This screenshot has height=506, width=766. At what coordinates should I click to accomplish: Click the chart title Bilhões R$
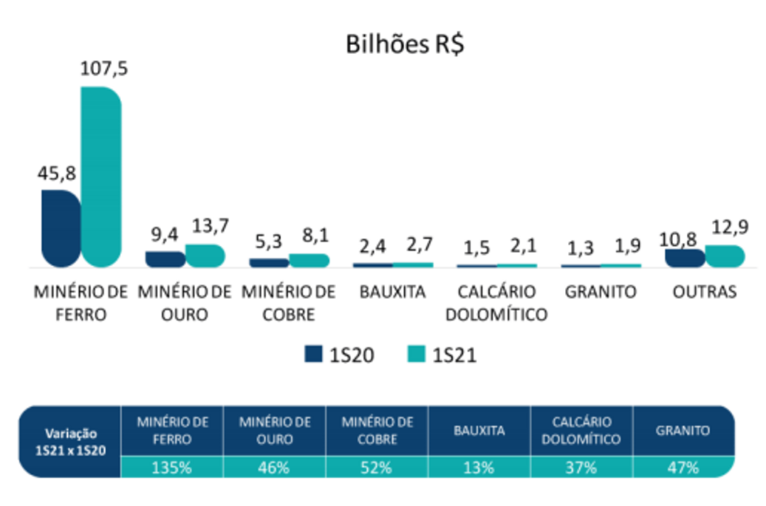tap(405, 44)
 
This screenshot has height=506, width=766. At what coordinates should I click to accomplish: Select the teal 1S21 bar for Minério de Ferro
tap(101, 177)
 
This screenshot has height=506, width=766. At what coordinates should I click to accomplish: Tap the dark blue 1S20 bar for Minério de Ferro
tap(61, 228)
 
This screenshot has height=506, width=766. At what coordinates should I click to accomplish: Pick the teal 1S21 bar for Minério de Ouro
tap(205, 256)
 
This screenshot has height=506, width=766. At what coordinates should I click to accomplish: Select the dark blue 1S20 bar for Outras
tap(684, 258)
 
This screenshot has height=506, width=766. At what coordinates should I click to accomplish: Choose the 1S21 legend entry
tap(442, 355)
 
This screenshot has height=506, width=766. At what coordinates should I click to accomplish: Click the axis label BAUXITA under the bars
tap(393, 292)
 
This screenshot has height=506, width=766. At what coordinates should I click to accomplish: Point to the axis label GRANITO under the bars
tap(601, 292)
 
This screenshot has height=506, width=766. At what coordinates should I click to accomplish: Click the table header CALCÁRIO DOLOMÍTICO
tap(581, 431)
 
